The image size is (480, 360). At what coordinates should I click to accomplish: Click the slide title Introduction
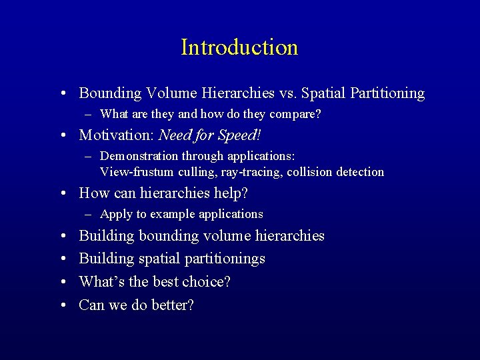[x=239, y=47]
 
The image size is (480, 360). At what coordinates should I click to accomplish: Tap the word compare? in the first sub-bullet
[x=296, y=115]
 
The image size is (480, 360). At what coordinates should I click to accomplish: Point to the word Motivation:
[x=117, y=135]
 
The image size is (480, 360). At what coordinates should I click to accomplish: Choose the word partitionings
[x=223, y=259]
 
